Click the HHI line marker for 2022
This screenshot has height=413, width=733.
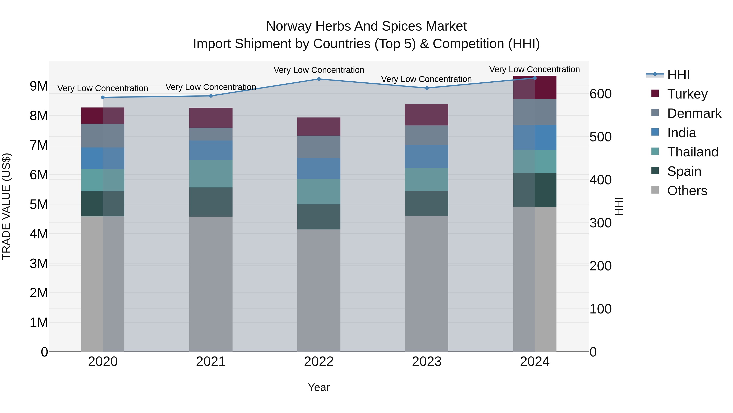pyautogui.click(x=319, y=79)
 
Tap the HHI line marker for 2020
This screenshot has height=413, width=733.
pyautogui.click(x=103, y=97)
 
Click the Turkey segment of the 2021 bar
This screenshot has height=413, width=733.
pyautogui.click(x=211, y=118)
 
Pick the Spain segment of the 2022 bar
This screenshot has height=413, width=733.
pyautogui.click(x=319, y=217)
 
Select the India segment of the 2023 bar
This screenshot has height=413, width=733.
pyautogui.click(x=427, y=156)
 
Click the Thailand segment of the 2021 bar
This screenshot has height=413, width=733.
pyautogui.click(x=211, y=174)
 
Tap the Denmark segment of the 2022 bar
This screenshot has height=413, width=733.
pyautogui.click(x=319, y=147)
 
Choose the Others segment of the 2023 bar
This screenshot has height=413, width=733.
pyautogui.click(x=427, y=284)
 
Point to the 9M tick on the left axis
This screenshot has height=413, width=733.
pyautogui.click(x=39, y=86)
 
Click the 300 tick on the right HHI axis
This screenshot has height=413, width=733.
pyautogui.click(x=600, y=223)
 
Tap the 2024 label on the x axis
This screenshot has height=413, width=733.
pyautogui.click(x=534, y=361)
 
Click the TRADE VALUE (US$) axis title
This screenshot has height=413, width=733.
pyautogui.click(x=6, y=206)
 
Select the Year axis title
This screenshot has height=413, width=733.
pyautogui.click(x=319, y=387)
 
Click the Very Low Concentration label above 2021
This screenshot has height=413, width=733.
pyautogui.click(x=211, y=87)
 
